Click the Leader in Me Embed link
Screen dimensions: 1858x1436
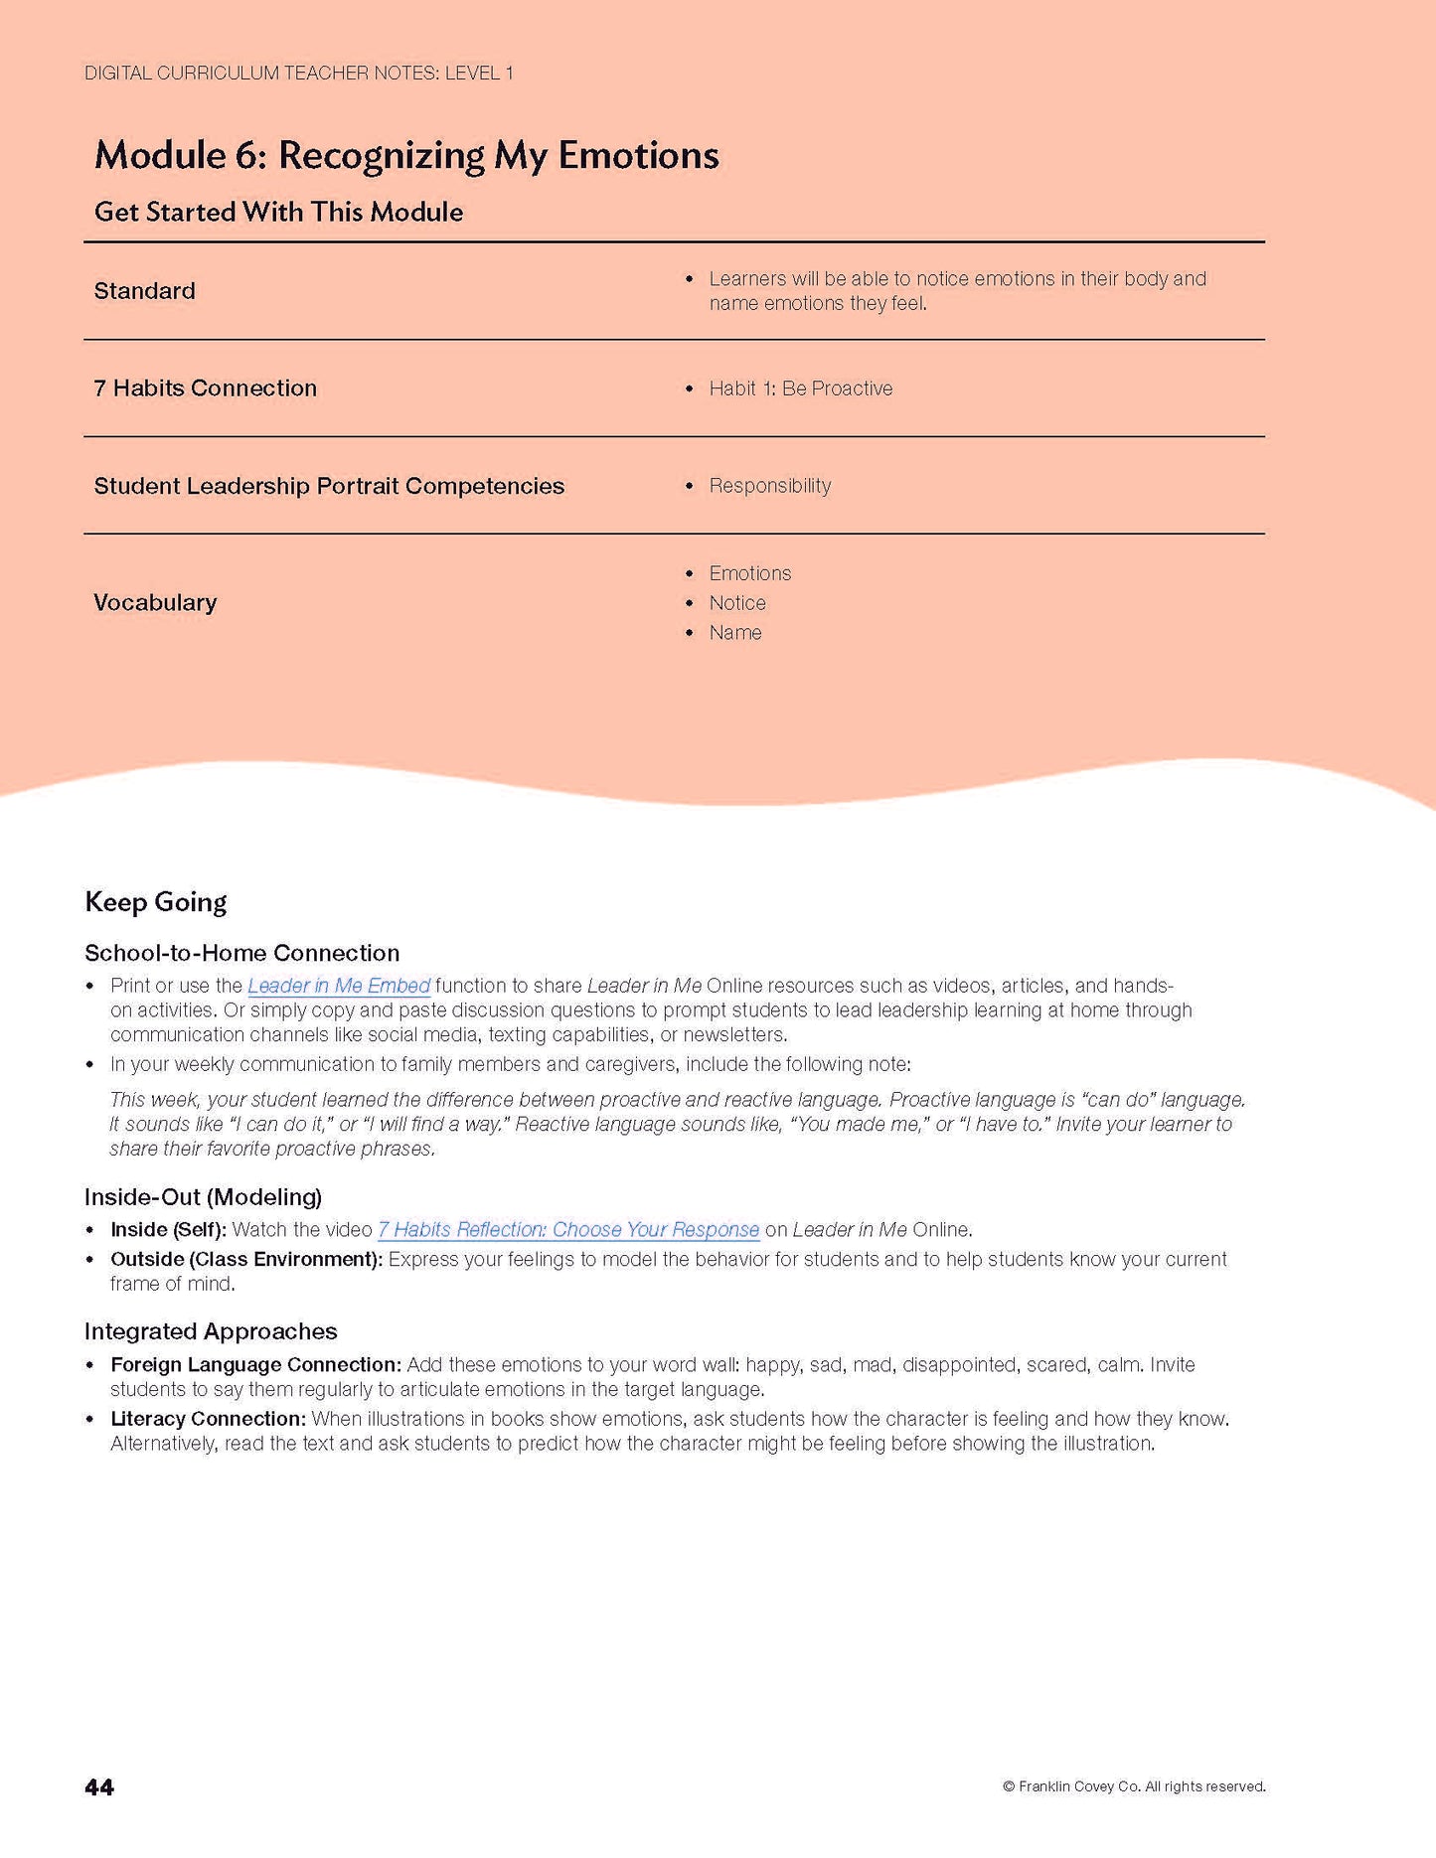click(x=339, y=986)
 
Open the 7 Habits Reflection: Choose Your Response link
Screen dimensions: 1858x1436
click(x=567, y=1229)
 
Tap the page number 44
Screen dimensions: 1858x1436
click(x=99, y=1787)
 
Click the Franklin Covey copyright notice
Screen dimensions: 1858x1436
click(x=1134, y=1786)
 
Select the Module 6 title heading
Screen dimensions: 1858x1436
click(x=406, y=155)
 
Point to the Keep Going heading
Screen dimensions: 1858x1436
click(x=156, y=902)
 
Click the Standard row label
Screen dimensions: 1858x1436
click(x=145, y=291)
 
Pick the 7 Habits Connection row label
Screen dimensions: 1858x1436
click(x=206, y=388)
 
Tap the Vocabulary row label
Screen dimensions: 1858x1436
click(x=155, y=603)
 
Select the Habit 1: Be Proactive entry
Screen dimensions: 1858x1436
click(x=800, y=388)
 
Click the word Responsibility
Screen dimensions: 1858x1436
click(x=770, y=486)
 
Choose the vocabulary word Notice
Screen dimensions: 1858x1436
click(x=737, y=603)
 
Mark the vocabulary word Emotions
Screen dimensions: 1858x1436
click(x=750, y=573)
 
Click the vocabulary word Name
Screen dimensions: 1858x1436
click(x=735, y=633)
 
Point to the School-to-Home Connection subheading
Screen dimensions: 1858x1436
click(x=242, y=953)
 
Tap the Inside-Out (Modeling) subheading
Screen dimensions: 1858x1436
click(x=204, y=1196)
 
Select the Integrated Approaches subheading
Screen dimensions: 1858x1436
click(x=211, y=1331)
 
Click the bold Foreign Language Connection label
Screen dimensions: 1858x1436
click(x=256, y=1365)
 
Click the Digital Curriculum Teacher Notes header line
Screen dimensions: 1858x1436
click(x=299, y=73)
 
